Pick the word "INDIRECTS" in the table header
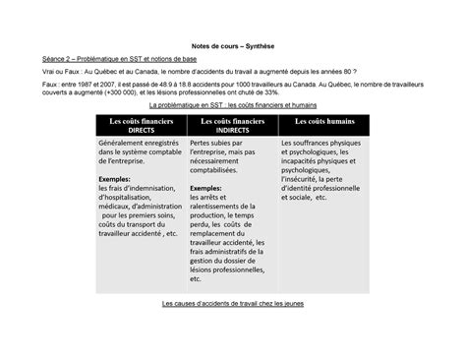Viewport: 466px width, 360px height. click(x=232, y=130)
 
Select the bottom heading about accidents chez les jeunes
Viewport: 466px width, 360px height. click(x=233, y=304)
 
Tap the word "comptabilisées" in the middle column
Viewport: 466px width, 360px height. click(x=221, y=169)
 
